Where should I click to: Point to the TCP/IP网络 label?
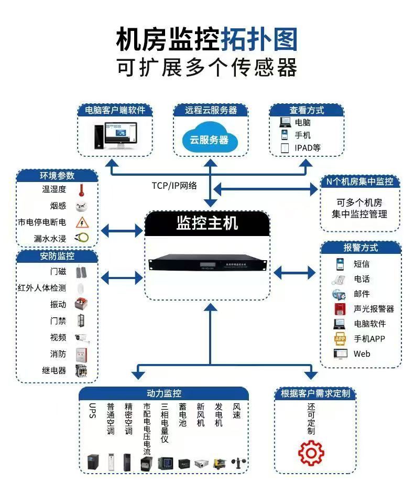pos(174,185)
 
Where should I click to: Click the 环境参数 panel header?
pos(57,176)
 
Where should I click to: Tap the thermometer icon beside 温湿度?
pos(81,190)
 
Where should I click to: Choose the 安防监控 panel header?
pos(57,256)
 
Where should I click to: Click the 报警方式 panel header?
pos(361,248)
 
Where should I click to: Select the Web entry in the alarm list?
pos(362,354)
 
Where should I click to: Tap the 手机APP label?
pos(369,339)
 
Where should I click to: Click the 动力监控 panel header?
pos(164,393)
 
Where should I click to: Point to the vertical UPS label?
pos(93,411)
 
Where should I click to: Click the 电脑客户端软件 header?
pos(115,110)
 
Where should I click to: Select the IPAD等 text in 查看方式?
pos(307,148)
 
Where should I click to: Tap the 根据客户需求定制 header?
pos(314,393)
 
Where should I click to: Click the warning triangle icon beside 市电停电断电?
pos(81,222)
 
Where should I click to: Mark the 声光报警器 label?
pos(374,309)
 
